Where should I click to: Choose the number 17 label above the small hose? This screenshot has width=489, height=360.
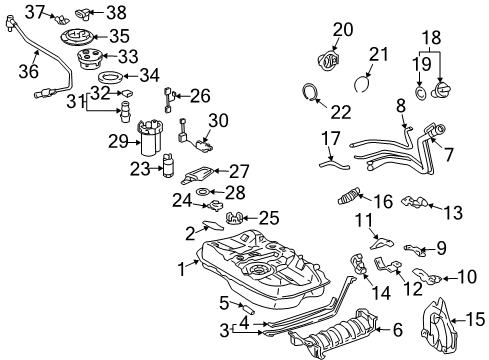coord(329,137)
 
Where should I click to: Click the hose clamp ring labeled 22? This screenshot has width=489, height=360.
coord(312,94)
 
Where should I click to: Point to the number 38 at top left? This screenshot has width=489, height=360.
coord(89,12)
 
